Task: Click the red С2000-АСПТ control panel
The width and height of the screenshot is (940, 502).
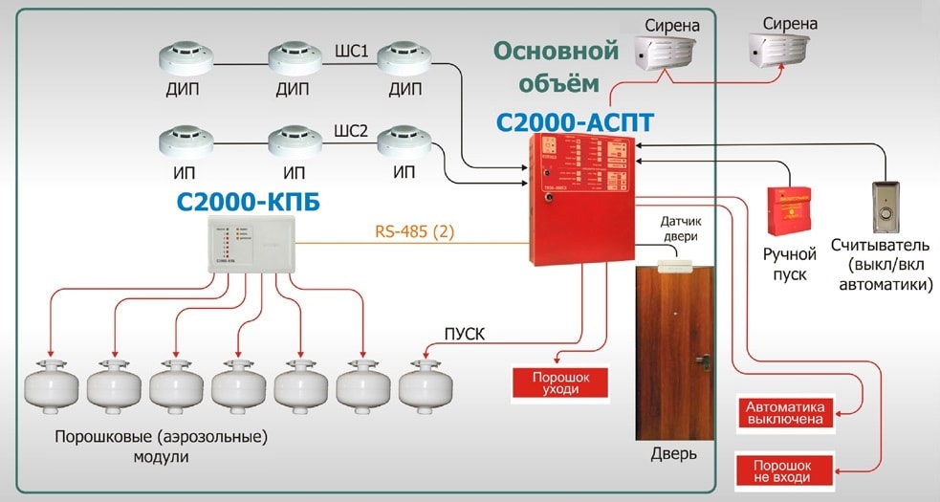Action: pos(582,199)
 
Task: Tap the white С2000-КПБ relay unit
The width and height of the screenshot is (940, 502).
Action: pos(253,244)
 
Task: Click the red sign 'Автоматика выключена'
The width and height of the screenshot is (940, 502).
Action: pos(784,412)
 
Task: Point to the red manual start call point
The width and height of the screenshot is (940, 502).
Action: pos(791,210)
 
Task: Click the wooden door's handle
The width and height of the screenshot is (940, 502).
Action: pos(703,360)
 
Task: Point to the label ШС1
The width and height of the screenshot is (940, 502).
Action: pos(351,50)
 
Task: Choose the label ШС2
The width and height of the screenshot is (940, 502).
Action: pos(351,132)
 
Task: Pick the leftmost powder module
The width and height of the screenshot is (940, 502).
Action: pos(52,383)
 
